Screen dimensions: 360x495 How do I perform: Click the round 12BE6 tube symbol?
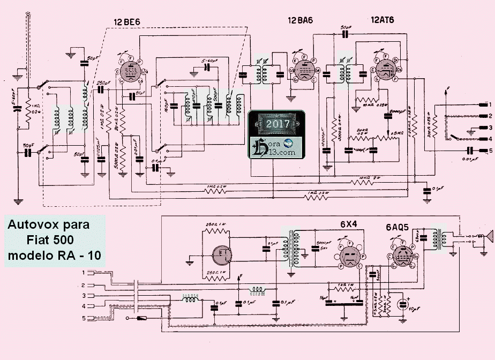(129, 71)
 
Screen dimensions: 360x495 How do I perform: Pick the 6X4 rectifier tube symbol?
(349, 256)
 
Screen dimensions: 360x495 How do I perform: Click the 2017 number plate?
(278, 124)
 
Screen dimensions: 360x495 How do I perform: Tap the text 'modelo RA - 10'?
(54, 256)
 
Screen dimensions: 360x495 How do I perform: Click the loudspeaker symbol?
(488, 236)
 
